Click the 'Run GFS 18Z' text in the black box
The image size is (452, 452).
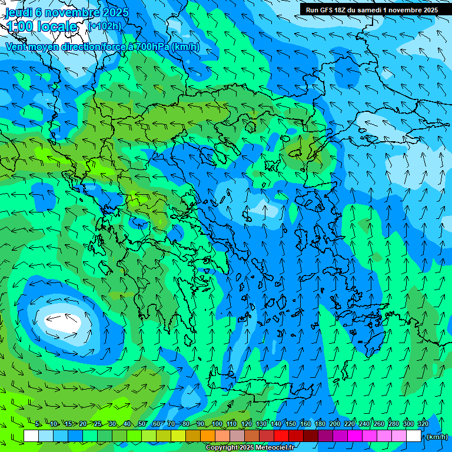pyautogui.click(x=328, y=10)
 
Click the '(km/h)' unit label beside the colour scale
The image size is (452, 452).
pyautogui.click(x=436, y=437)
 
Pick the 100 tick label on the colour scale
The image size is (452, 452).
pyautogui.click(x=217, y=424)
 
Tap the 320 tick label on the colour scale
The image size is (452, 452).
pyautogui.click(x=423, y=424)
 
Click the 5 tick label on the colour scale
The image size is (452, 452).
pyautogui.click(x=38, y=424)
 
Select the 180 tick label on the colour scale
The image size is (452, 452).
pyautogui.click(x=320, y=424)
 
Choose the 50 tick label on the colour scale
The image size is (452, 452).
pyautogui.click(x=142, y=424)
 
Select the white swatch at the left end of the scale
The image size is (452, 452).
pyautogui.click(x=31, y=436)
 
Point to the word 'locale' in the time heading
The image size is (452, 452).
pyautogui.click(x=57, y=26)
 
